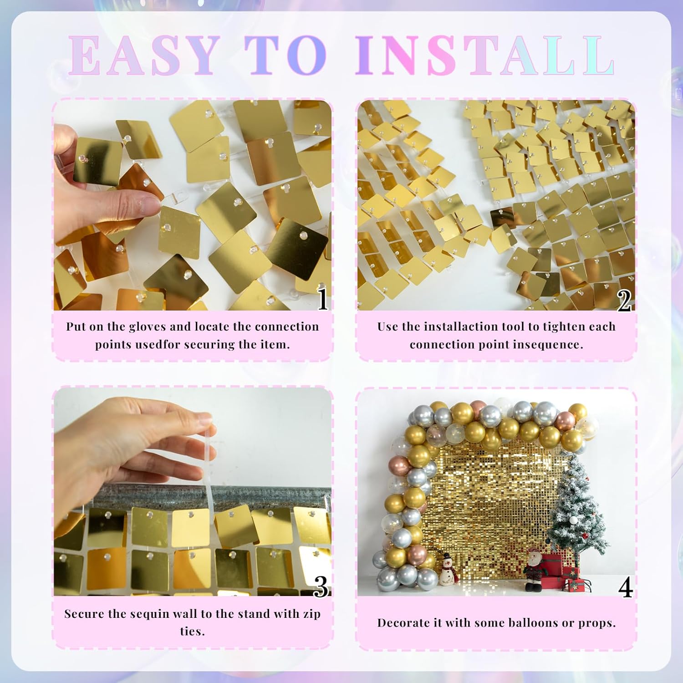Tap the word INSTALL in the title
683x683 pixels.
tap(485, 56)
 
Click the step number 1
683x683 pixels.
tap(323, 299)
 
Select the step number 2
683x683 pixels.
tap(624, 300)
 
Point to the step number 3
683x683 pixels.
tap(321, 586)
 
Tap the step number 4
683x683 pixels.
tap(625, 587)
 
